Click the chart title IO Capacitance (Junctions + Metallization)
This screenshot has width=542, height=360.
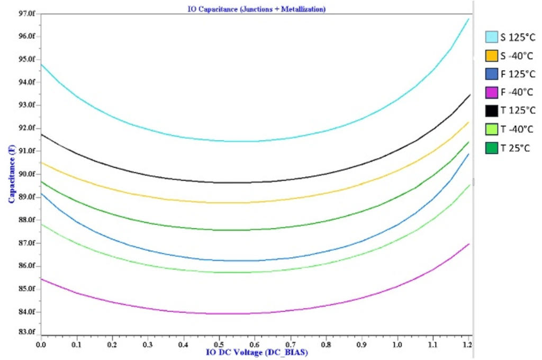[x=257, y=9]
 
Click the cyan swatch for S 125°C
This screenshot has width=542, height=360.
[x=492, y=37]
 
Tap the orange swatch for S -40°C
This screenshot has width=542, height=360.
[x=492, y=56]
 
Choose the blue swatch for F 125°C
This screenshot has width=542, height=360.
[x=492, y=74]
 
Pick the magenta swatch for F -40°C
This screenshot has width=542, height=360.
[x=492, y=92]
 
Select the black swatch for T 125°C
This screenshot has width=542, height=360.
[x=492, y=111]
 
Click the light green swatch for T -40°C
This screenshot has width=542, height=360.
[x=492, y=129]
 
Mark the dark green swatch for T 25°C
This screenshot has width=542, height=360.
[x=492, y=148]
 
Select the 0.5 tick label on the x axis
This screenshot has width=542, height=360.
[x=255, y=344]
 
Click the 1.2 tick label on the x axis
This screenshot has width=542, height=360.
[x=467, y=344]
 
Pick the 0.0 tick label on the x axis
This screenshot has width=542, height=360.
[x=41, y=344]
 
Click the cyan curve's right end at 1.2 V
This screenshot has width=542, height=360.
[x=469, y=19]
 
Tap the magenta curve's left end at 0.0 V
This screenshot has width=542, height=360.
[x=41, y=278]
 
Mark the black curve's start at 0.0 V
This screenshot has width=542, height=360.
[x=41, y=134]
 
